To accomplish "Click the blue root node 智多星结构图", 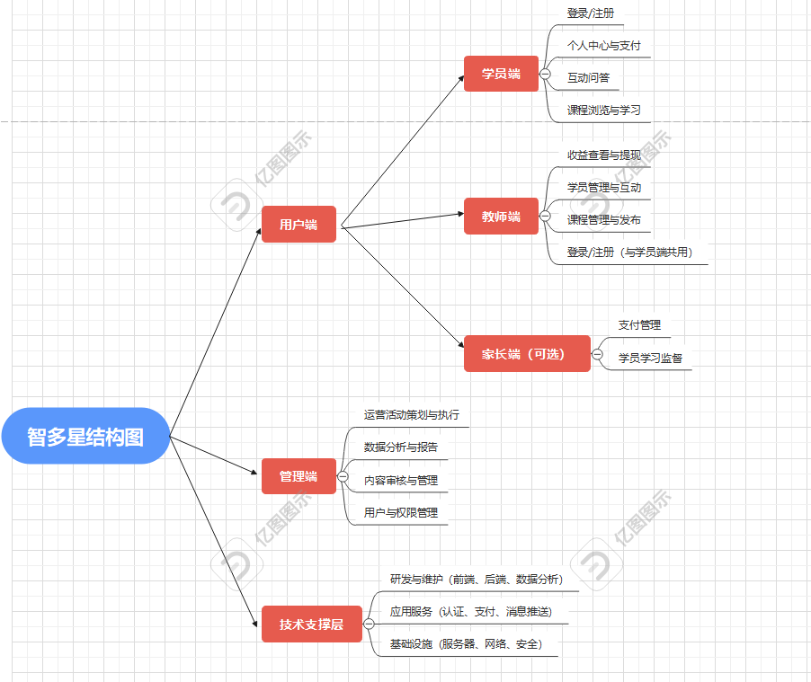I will click(x=85, y=436).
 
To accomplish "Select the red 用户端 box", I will click(x=299, y=224).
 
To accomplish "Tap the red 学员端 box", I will click(x=501, y=74).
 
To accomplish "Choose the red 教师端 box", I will click(x=501, y=216).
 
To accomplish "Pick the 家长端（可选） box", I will click(x=527, y=354).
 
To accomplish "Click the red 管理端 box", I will click(x=299, y=476).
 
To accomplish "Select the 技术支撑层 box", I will click(x=311, y=624).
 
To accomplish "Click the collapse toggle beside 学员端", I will click(x=545, y=74).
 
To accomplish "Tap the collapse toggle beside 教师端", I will click(x=545, y=216).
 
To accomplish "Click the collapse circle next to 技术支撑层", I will click(x=369, y=624).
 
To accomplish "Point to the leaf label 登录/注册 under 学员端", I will click(x=591, y=13).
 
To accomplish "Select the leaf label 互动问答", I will click(x=588, y=78).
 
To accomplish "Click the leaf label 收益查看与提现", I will click(x=610, y=155).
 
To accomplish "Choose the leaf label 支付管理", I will click(x=639, y=325).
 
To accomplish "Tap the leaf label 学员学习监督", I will click(x=650, y=358).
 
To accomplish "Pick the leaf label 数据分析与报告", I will click(x=401, y=447).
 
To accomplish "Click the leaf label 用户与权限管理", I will click(x=401, y=512).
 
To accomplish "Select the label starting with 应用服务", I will click(x=470, y=612).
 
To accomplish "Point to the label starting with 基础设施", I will click(x=466, y=644).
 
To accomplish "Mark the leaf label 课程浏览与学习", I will click(x=603, y=111).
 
